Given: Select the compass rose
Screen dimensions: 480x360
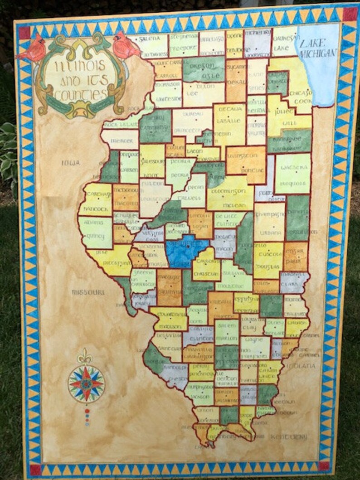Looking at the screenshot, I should (86, 383).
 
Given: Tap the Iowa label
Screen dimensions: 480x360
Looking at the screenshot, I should (71, 162).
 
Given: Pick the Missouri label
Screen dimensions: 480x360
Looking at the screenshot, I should (88, 292).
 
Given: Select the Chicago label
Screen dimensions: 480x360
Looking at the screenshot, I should (299, 92).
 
